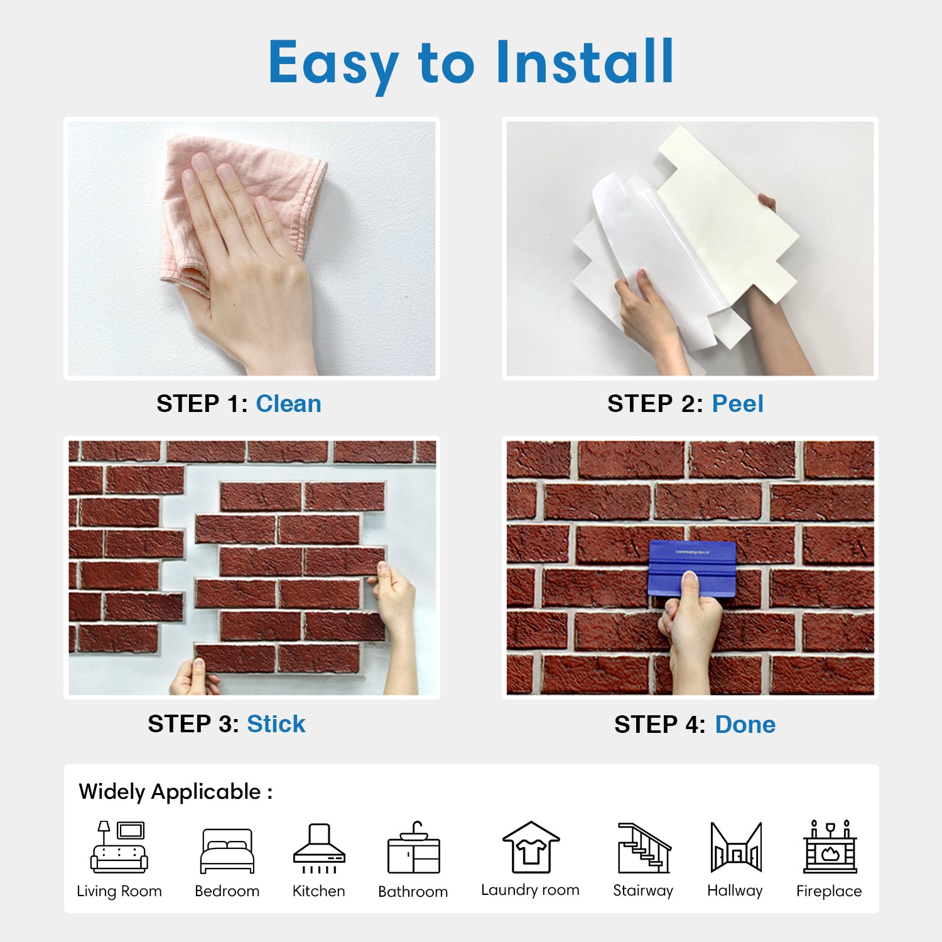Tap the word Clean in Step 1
[288, 404]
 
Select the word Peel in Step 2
[737, 404]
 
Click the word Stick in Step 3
[276, 724]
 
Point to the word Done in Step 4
[745, 725]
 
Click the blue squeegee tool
[692, 569]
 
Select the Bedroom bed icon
[227, 851]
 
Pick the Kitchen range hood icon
[319, 848]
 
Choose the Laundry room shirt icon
[531, 847]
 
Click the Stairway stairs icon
[644, 848]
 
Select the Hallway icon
[736, 847]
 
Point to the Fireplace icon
[830, 847]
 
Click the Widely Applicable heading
[176, 792]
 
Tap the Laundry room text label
[530, 890]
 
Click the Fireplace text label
[829, 891]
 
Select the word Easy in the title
[333, 64]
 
